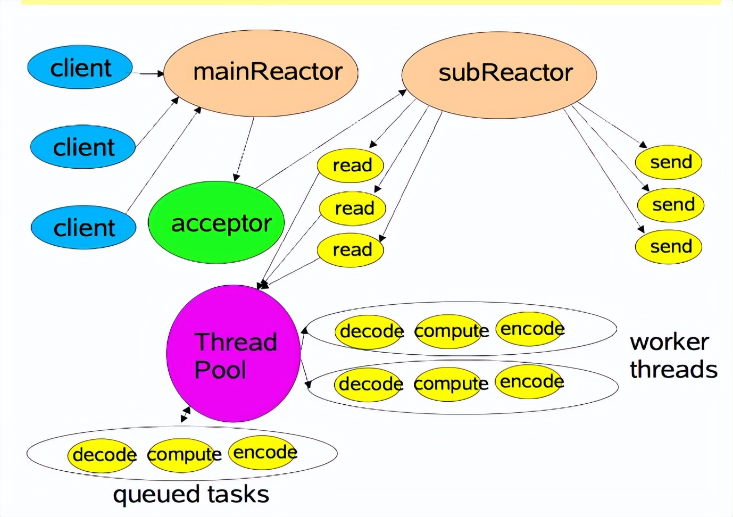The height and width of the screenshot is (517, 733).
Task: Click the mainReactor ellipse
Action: pyautogui.click(x=261, y=73)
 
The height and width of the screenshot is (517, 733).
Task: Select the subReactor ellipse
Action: pyautogui.click(x=499, y=74)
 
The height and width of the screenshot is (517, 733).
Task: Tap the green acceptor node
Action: pyautogui.click(x=216, y=222)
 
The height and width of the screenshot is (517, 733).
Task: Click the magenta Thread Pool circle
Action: pyautogui.click(x=234, y=353)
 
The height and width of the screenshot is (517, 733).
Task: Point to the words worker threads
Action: pyautogui.click(x=673, y=356)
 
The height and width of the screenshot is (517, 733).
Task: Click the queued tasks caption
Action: pyautogui.click(x=191, y=495)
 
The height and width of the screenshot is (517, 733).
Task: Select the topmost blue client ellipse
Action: pyautogui.click(x=80, y=67)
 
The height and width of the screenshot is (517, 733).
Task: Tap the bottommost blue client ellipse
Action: pyautogui.click(x=84, y=227)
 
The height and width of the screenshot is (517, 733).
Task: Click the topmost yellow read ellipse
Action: pyautogui.click(x=350, y=165)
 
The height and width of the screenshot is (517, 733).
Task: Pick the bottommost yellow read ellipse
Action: pyautogui.click(x=350, y=250)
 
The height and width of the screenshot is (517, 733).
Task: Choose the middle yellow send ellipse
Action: pyautogui.click(x=671, y=205)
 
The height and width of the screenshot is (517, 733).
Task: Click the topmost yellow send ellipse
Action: pyautogui.click(x=669, y=162)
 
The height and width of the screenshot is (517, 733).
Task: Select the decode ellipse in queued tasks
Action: pyautogui.click(x=101, y=455)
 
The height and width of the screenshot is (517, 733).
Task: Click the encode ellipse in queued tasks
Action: pyautogui.click(x=262, y=453)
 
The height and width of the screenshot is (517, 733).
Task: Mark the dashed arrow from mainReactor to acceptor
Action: pyautogui.click(x=244, y=149)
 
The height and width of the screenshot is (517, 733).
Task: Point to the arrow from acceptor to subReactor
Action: pyautogui.click(x=331, y=139)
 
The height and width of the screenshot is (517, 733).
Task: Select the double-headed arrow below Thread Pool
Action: pyautogui.click(x=186, y=414)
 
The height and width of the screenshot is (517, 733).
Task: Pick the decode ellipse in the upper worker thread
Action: pyautogui.click(x=368, y=331)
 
